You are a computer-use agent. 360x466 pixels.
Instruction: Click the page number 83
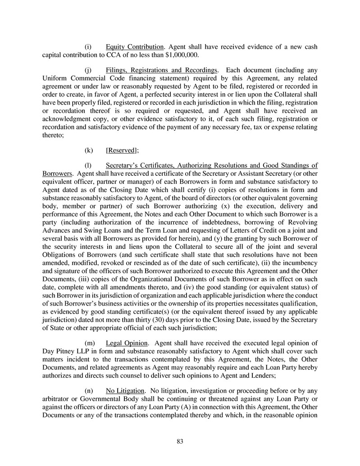click(180, 441)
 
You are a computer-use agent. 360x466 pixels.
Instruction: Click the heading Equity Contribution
click(134, 47)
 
